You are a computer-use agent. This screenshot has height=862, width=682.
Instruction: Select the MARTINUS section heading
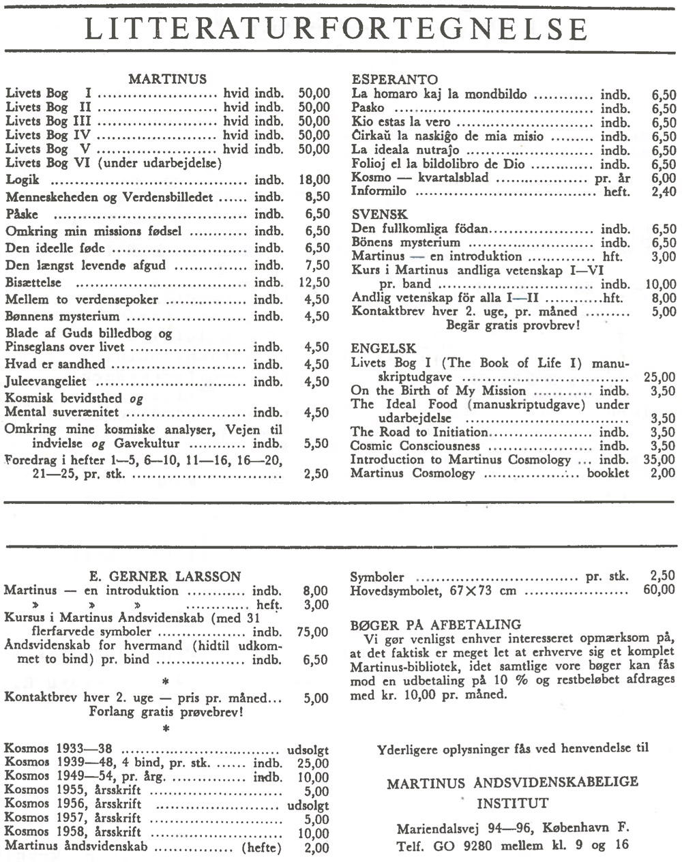pos(167,79)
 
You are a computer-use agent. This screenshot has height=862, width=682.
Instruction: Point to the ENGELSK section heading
pos(383,348)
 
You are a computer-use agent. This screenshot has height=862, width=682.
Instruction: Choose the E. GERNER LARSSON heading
pos(166,576)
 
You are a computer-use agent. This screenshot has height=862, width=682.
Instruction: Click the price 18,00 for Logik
pos(314,180)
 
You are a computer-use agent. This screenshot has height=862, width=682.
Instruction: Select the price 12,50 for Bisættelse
pos(314,282)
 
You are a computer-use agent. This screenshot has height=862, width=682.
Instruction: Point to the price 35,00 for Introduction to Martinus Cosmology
pos(659,460)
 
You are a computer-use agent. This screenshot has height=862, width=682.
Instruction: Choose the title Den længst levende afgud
pos(85,265)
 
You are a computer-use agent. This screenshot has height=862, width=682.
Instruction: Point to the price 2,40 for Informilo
pos(662,192)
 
